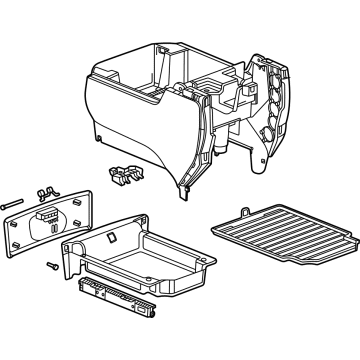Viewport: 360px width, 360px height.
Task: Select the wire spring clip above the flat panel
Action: (x=43, y=189)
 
